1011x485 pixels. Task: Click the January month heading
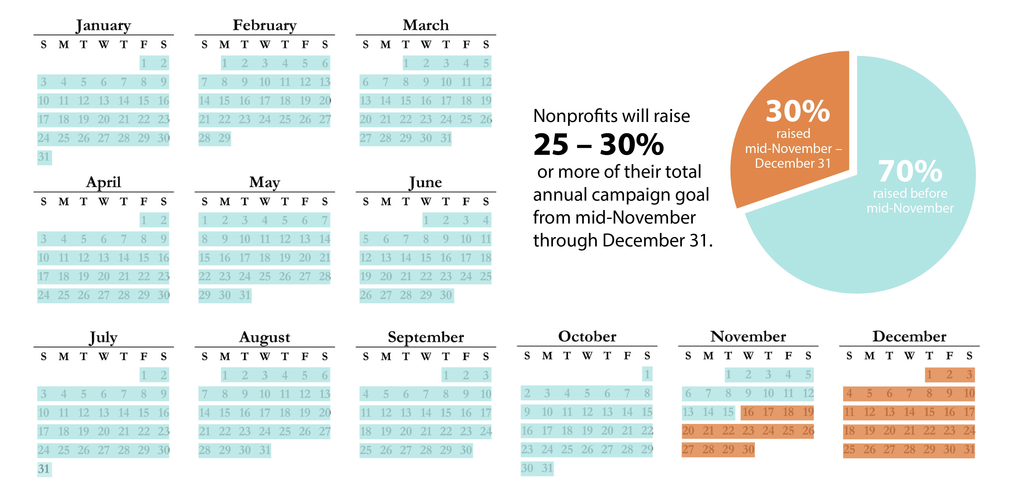[x=103, y=25]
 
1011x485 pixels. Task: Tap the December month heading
[x=909, y=337]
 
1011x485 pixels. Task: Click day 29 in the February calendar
[x=225, y=138]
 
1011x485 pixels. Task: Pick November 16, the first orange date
[x=748, y=412]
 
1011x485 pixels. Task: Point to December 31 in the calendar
[x=969, y=449]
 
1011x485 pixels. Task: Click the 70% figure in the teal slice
[x=910, y=171]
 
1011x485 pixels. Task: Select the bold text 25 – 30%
[x=598, y=145]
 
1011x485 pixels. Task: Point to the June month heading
[x=426, y=182]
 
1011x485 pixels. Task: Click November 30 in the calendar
[x=748, y=449]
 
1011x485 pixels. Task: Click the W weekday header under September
[x=426, y=357]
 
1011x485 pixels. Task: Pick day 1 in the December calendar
[x=929, y=375]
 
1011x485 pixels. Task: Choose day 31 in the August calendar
[x=265, y=450]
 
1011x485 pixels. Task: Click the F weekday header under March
[x=466, y=45]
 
